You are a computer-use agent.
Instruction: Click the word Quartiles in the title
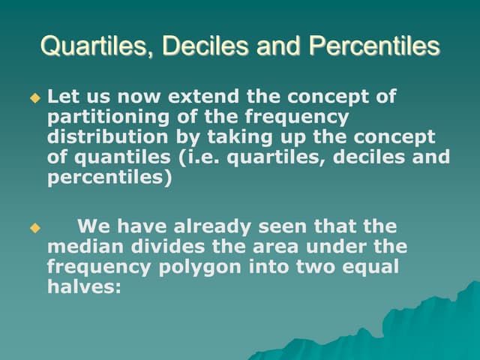click(x=85, y=46)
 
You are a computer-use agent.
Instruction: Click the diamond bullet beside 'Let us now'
click(x=32, y=98)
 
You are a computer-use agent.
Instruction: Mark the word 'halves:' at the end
click(x=84, y=287)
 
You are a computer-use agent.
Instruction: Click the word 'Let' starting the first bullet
click(x=61, y=97)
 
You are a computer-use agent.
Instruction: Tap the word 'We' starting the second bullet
click(x=94, y=226)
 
